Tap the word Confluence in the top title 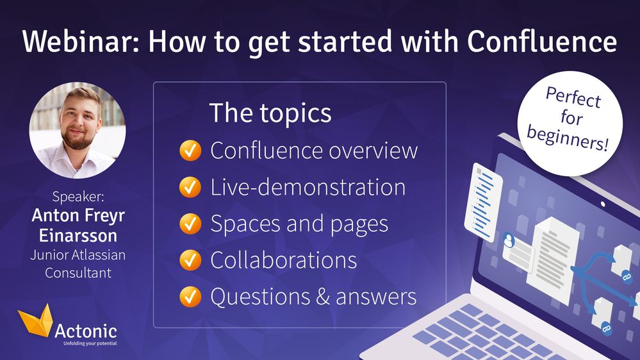coord(542,42)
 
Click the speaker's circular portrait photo coord(78,130)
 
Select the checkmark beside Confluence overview coord(189,151)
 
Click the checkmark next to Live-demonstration coord(189,187)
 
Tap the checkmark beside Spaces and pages coord(189,224)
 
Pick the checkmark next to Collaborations coord(189,260)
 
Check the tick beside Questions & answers coord(189,297)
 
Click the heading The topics coord(270,113)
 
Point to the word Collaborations coord(284,260)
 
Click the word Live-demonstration coord(308,187)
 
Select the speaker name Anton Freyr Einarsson coord(78,225)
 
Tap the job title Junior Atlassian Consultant coord(78,264)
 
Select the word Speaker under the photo coord(78,197)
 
